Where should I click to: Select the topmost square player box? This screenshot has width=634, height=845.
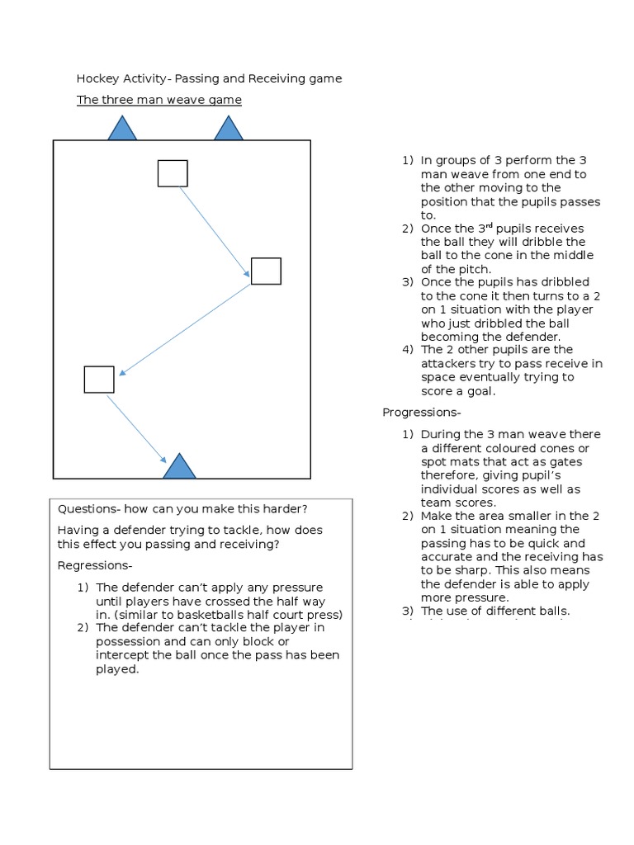click(x=173, y=173)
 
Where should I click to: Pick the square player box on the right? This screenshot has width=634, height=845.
click(x=266, y=271)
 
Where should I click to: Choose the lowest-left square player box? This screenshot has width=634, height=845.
click(x=99, y=380)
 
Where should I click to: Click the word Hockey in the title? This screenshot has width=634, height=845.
click(x=97, y=79)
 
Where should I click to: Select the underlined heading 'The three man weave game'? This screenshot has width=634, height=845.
click(x=159, y=100)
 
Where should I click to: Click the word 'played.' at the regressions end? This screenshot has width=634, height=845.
click(x=117, y=669)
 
